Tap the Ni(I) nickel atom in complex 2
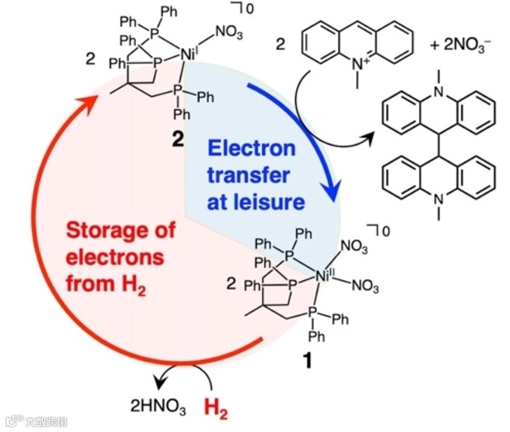click(x=189, y=53)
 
